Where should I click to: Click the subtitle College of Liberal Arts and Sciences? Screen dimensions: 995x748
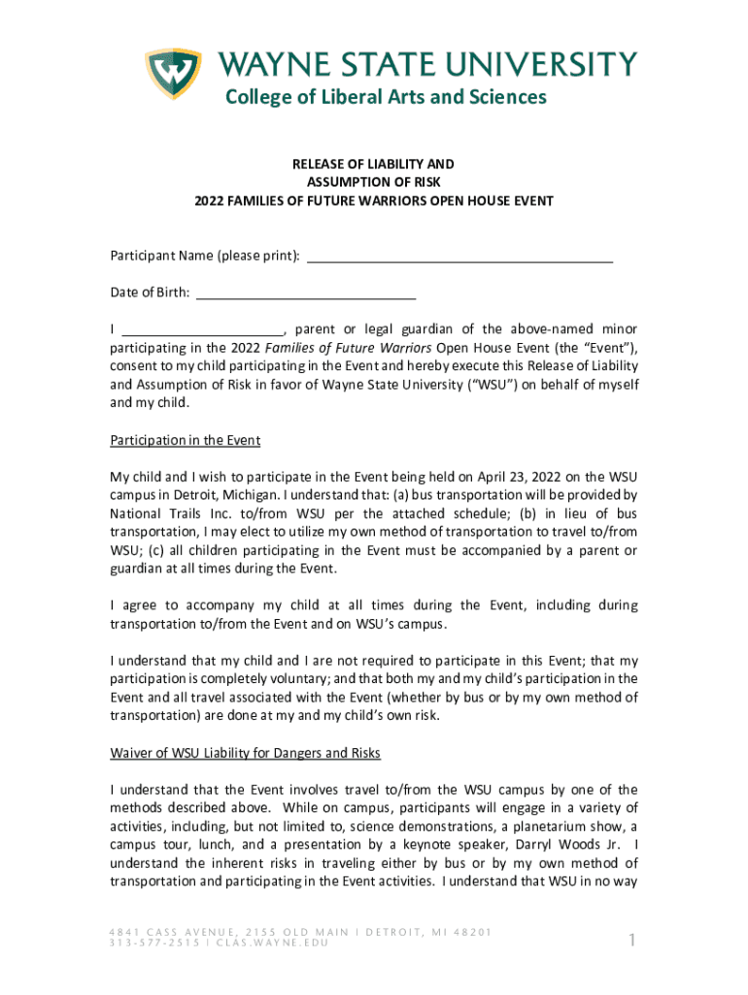pos(387,97)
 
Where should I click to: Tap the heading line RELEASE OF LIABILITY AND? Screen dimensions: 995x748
pos(374,164)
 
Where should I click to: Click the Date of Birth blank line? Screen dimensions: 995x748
pos(306,292)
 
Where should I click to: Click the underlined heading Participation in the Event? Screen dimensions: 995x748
pos(185,440)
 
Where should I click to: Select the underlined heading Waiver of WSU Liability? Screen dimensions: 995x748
pos(245,753)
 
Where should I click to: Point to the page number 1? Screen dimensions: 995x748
pos(631,940)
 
